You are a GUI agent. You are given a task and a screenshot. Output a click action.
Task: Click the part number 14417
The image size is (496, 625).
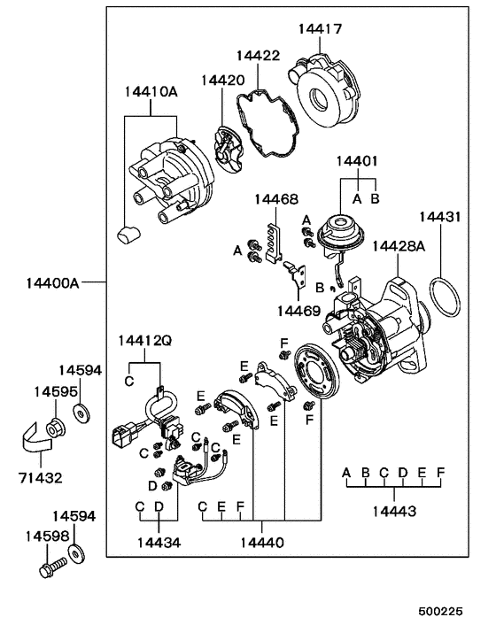click(319, 29)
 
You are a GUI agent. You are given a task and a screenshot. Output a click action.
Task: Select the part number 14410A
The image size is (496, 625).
click(151, 91)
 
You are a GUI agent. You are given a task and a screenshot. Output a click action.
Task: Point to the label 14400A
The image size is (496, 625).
click(52, 283)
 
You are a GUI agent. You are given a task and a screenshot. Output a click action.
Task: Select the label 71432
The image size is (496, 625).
click(41, 477)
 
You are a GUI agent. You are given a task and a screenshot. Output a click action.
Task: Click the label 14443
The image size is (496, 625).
click(393, 511)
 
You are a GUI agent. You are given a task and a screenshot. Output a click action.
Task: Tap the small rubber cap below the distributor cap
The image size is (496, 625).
click(129, 234)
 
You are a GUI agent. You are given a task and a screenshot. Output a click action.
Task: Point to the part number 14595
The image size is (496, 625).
click(52, 390)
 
